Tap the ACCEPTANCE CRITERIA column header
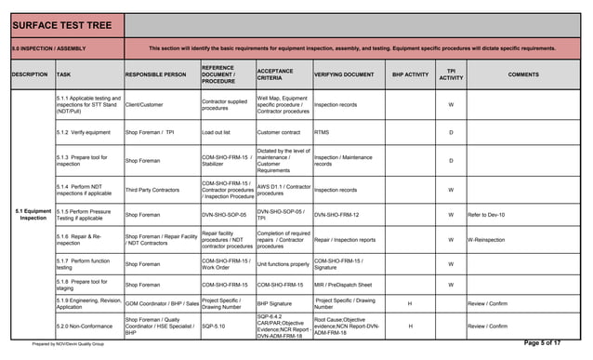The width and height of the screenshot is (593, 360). point(276,73)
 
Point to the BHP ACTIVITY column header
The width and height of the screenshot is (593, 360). point(410,73)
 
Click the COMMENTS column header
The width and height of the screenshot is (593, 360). point(523,73)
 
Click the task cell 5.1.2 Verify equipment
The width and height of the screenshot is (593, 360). point(83,132)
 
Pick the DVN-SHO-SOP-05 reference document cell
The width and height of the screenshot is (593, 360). point(223,215)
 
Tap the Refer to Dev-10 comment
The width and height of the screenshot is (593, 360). point(486,215)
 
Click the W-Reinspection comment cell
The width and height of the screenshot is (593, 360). point(488,239)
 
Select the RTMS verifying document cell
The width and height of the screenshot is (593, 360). point(322,132)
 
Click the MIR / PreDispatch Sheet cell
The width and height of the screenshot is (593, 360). point(343,285)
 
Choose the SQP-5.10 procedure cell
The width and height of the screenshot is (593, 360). point(215,327)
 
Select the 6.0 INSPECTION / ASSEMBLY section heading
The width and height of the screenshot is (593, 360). point(47,47)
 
